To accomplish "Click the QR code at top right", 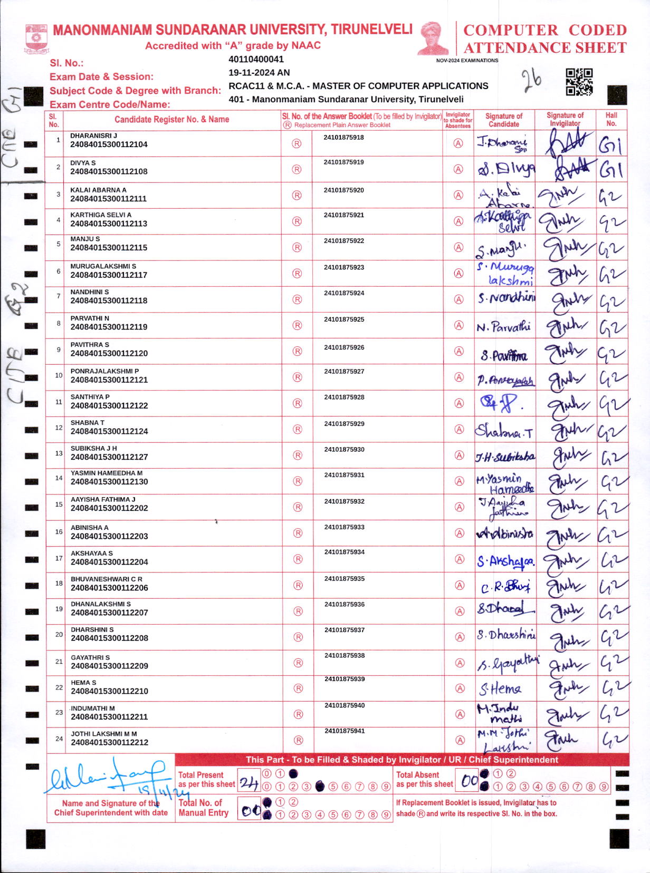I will [579, 82].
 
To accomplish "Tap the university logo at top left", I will [36, 38].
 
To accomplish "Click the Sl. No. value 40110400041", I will [256, 60].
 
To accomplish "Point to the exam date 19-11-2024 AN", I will [259, 73].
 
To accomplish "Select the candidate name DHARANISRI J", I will [93, 135].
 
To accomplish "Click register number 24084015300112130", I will [109, 482].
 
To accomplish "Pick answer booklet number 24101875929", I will [344, 424].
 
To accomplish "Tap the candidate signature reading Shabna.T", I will [504, 431].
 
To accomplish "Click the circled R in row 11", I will [298, 403].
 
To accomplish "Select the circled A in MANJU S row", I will [458, 247].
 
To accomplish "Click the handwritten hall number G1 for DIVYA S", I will [610, 170].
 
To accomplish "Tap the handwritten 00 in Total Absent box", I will [469, 781].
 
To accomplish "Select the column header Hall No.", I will [611, 119].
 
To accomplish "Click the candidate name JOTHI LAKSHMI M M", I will [104, 733].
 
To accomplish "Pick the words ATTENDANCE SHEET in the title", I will [544, 48].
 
